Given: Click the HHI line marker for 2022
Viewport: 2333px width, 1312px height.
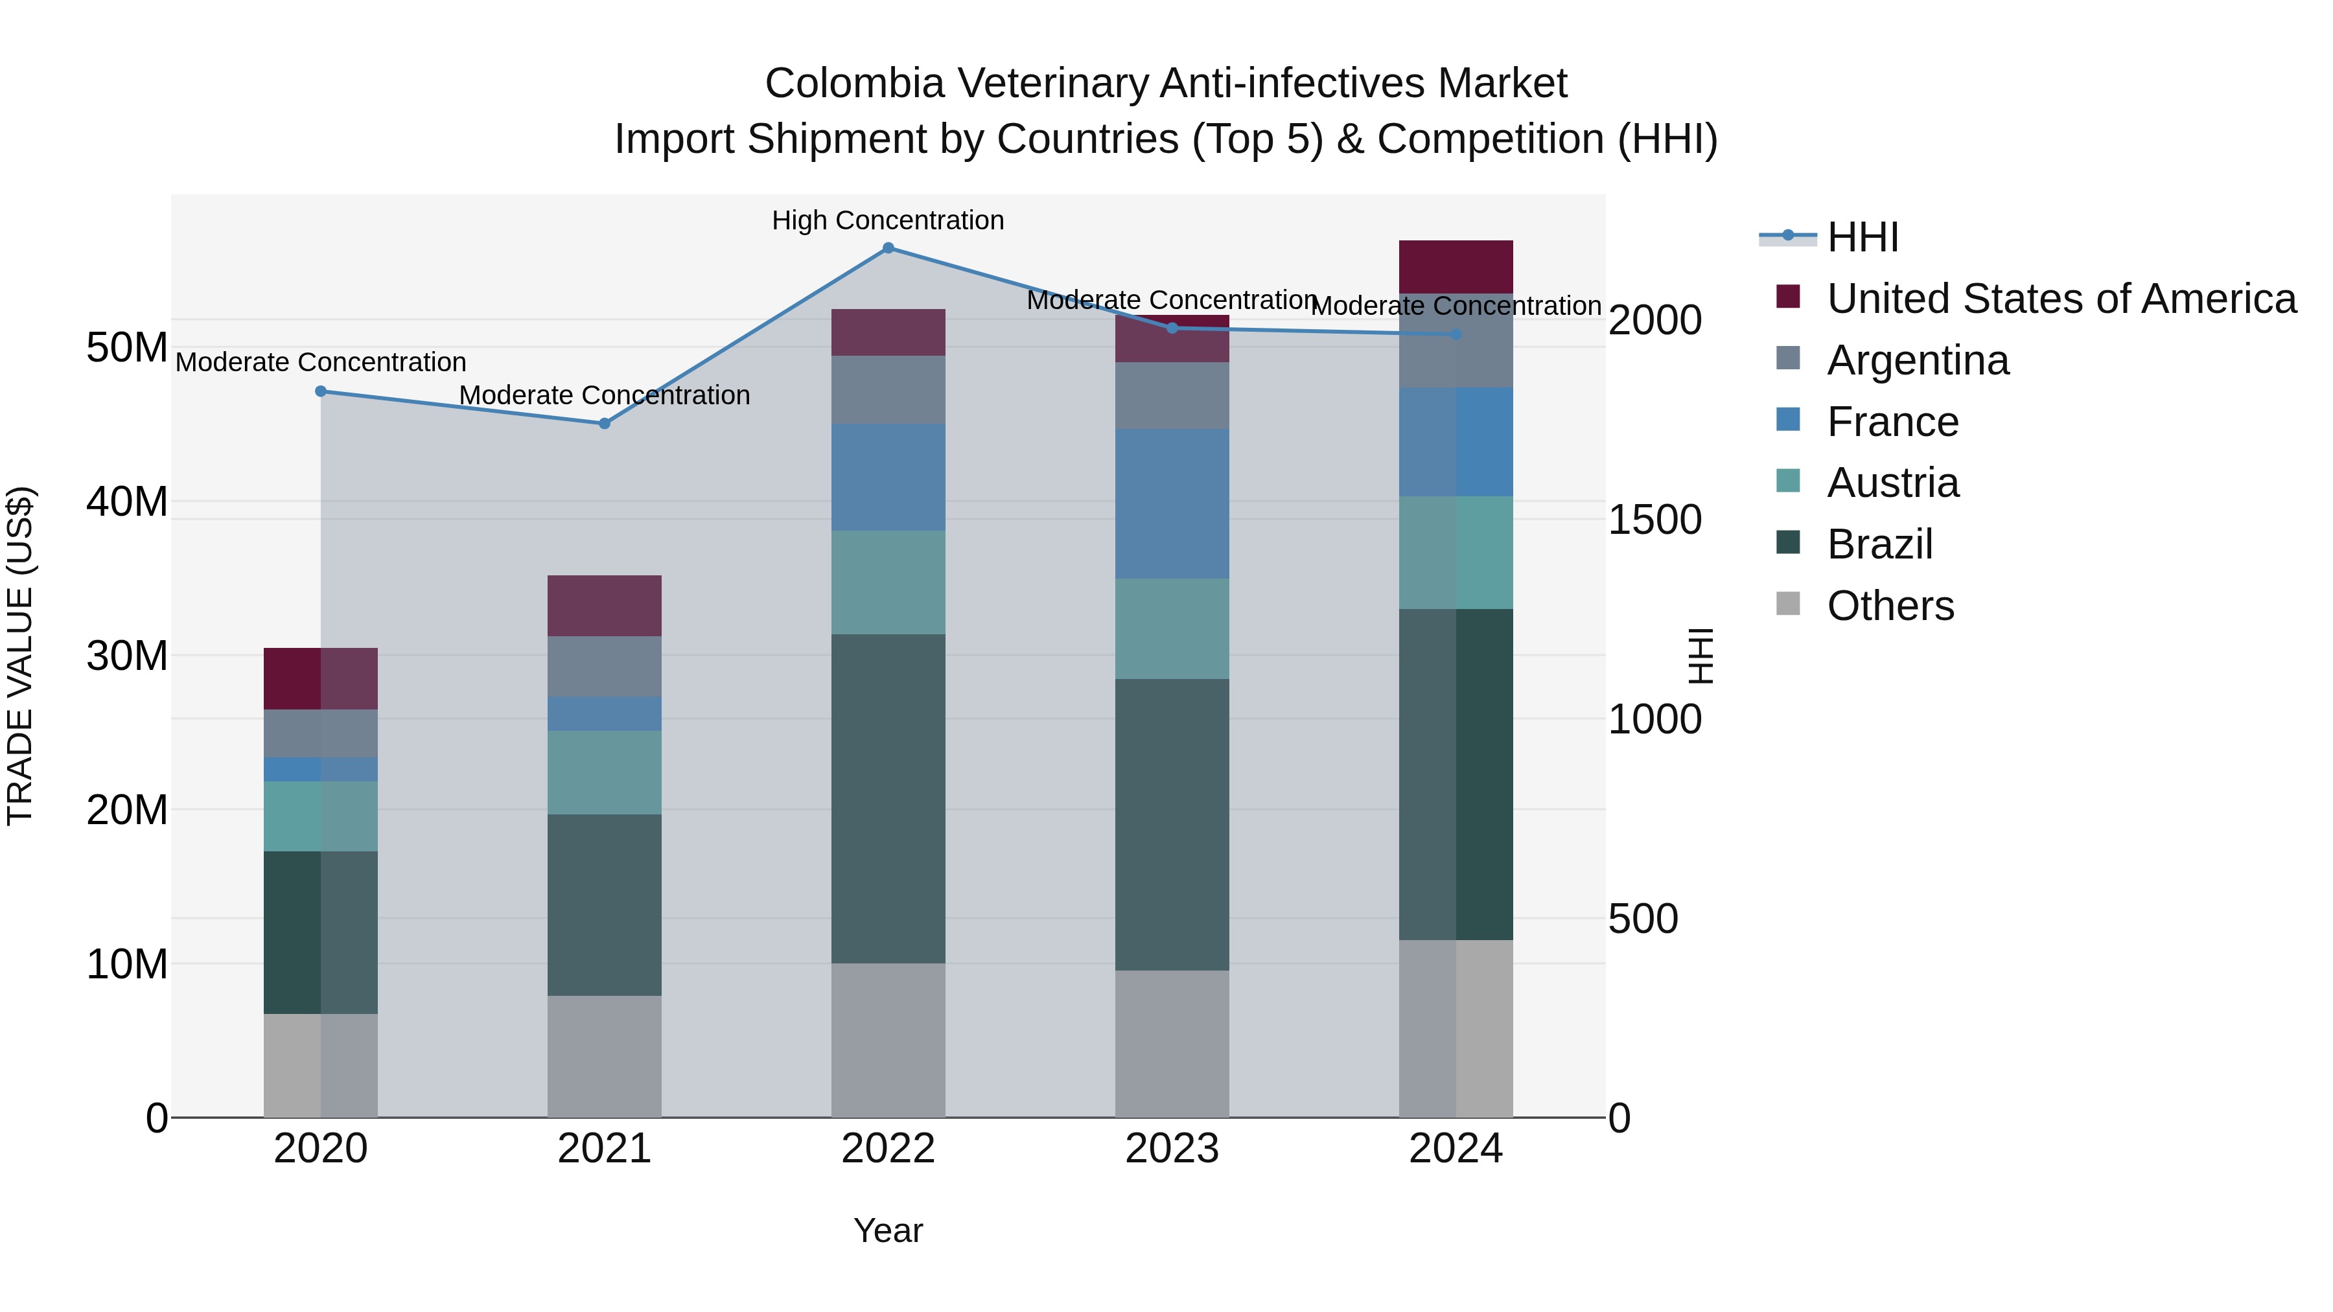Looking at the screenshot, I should [x=888, y=248].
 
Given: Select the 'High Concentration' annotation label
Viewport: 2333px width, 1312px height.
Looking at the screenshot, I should [x=888, y=220].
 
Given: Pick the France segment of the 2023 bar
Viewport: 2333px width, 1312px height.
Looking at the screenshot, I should [x=1171, y=503].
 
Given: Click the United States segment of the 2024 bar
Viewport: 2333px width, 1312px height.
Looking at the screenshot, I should [x=1456, y=266].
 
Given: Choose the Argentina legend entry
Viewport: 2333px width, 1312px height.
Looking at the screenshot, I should [x=1918, y=360].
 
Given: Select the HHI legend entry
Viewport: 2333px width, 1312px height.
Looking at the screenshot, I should [x=1862, y=237].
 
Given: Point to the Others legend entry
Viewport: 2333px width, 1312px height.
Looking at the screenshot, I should [x=1890, y=606].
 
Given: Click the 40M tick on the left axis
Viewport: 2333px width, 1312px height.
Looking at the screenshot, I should [x=127, y=501].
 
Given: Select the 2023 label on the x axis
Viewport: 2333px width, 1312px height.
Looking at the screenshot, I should [x=1171, y=1149].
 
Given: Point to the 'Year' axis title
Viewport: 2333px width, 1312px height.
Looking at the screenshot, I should [x=888, y=1230].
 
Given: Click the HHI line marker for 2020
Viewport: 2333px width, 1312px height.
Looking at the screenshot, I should [x=321, y=391].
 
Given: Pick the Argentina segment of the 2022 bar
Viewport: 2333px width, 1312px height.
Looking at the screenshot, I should [x=888, y=389].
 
